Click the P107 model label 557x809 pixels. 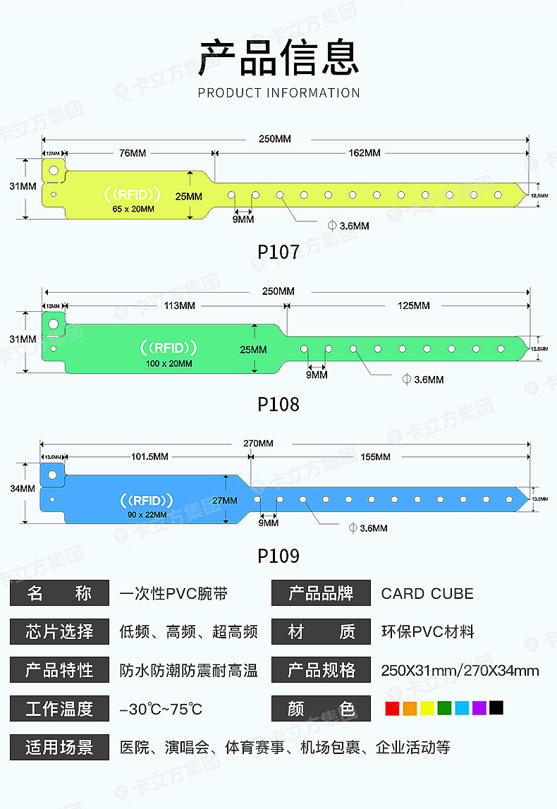278,252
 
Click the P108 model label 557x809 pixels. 278,404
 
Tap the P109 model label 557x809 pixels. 278,556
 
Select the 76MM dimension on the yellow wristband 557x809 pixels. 133,153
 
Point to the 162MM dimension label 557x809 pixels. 364,153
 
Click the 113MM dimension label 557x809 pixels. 179,305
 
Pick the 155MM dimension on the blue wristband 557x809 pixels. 375,457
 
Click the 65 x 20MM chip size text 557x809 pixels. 133,209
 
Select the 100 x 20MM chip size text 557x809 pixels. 169,363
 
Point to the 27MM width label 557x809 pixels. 226,499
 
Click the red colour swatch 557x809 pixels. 393,708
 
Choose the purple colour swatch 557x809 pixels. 479,708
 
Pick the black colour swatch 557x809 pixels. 496,708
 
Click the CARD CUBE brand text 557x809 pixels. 427,594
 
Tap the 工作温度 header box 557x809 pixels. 59,709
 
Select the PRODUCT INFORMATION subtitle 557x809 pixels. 278,93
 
